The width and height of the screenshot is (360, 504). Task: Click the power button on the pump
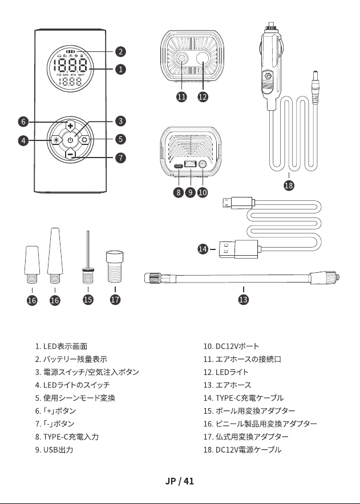(70, 140)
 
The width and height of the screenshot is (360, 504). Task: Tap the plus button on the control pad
(70, 125)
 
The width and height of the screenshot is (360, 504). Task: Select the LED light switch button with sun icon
(56, 140)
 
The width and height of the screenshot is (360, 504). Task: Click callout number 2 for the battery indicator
(120, 51)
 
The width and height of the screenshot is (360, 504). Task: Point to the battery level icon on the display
(70, 51)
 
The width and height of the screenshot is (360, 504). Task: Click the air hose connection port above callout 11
(182, 59)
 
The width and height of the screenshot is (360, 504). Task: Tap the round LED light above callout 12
(203, 59)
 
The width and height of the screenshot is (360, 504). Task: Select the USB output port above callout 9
(191, 164)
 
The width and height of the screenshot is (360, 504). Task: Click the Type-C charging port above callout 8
(178, 166)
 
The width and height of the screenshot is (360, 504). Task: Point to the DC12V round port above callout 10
(203, 164)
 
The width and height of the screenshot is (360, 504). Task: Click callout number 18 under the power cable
(289, 185)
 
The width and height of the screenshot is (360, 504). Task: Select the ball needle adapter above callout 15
(88, 257)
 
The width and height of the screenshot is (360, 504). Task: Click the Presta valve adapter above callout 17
(115, 267)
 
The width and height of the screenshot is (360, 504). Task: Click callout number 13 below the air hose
(244, 299)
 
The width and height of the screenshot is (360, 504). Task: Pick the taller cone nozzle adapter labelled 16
(55, 256)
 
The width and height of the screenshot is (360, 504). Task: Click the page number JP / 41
(180, 481)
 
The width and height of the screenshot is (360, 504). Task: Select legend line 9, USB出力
(54, 449)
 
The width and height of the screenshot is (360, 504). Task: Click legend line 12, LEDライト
(226, 372)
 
